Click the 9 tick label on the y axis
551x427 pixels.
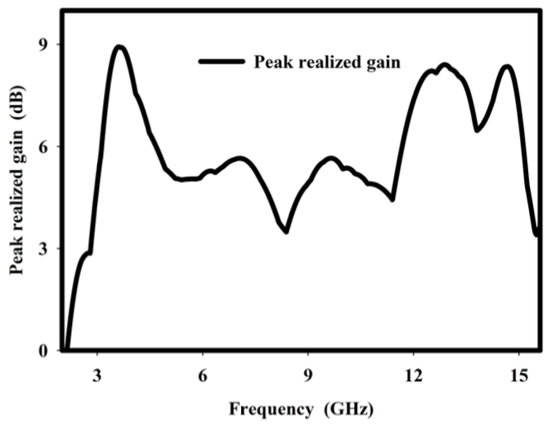click(x=41, y=44)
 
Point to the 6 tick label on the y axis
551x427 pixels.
click(x=41, y=146)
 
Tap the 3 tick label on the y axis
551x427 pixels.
click(x=41, y=249)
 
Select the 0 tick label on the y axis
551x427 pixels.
click(x=41, y=351)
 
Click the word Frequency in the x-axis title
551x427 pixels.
click(x=259, y=408)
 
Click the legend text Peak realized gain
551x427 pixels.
click(x=326, y=63)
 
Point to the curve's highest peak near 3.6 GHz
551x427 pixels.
click(x=119, y=47)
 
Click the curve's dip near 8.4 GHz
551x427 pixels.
click(x=286, y=231)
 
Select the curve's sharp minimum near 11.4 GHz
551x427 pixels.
click(x=393, y=199)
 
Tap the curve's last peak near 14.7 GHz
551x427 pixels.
click(x=508, y=67)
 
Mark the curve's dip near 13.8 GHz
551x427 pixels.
click(x=477, y=129)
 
